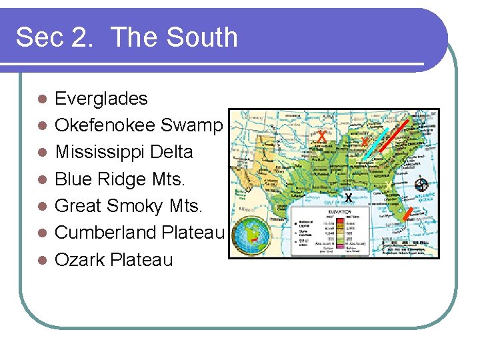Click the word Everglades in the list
[101, 99]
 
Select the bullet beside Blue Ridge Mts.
[42, 179]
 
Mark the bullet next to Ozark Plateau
[42, 260]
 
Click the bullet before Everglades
[42, 99]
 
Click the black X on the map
[348, 197]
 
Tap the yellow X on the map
[387, 185]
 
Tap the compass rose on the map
[421, 184]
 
